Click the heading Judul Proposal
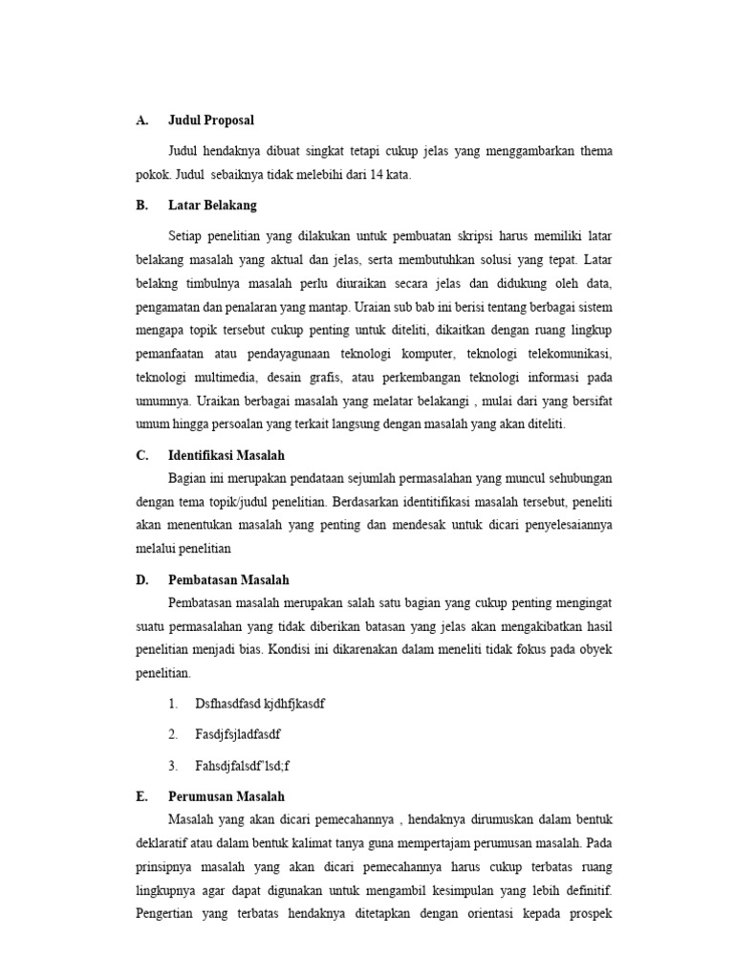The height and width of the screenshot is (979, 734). (x=211, y=120)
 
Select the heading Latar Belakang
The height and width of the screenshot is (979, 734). (x=212, y=205)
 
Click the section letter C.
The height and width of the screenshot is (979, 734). (x=141, y=456)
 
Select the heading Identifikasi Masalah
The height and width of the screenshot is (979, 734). (x=227, y=456)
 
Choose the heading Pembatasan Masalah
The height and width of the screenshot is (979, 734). (x=228, y=579)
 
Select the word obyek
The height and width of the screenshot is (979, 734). (x=594, y=650)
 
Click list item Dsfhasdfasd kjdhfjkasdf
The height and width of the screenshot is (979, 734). (x=260, y=704)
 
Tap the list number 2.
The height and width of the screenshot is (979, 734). (x=172, y=734)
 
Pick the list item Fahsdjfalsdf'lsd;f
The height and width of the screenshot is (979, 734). (x=245, y=765)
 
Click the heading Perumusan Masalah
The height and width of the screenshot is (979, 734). (x=226, y=795)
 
